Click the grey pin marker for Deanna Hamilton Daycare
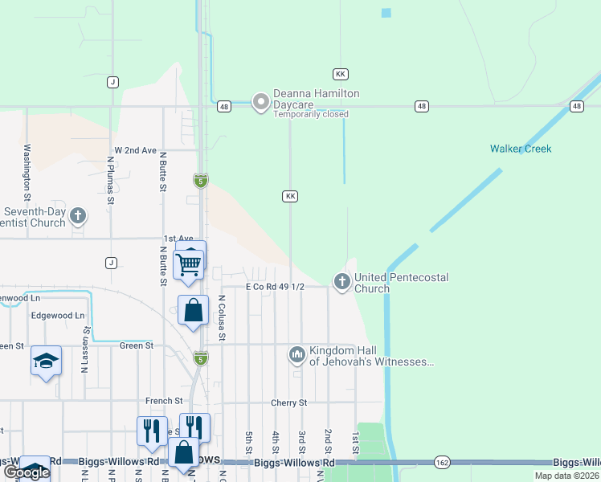(x=260, y=102)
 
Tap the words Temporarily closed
(x=311, y=114)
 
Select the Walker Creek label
(x=521, y=149)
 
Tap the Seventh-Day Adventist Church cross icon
(x=78, y=215)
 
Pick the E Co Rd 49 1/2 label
(x=275, y=287)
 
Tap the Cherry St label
(x=291, y=402)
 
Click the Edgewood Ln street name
(x=57, y=316)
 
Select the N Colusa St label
(x=221, y=317)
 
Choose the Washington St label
(x=27, y=171)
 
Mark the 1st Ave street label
(x=178, y=239)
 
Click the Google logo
(x=26, y=473)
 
